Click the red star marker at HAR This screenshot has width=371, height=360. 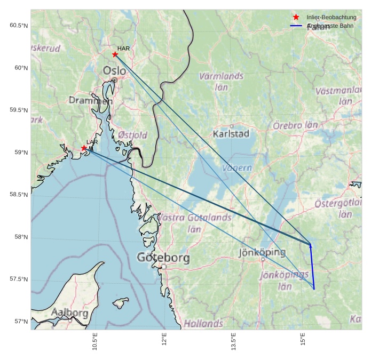pyautogui.click(x=115, y=54)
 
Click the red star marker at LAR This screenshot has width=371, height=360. pyautogui.click(x=84, y=148)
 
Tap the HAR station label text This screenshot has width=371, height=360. pyautogui.click(x=123, y=49)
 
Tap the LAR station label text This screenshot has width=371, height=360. pyautogui.click(x=92, y=142)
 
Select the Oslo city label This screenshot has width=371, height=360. pyautogui.click(x=115, y=70)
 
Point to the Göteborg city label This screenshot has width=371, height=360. pyautogui.click(x=163, y=258)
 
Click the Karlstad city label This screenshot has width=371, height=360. pyautogui.click(x=231, y=134)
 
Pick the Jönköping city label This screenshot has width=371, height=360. pyautogui.click(x=262, y=252)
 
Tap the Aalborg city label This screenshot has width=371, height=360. pyautogui.click(x=69, y=313)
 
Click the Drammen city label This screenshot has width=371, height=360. pyautogui.click(x=91, y=100)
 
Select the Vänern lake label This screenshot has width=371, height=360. pyautogui.click(x=237, y=168)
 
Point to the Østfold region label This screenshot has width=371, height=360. pyautogui.click(x=132, y=135)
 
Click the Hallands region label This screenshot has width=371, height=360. pyautogui.click(x=203, y=323)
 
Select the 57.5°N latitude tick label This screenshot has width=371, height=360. pyautogui.click(x=19, y=279)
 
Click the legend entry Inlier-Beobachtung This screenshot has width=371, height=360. pyautogui.click(x=331, y=18)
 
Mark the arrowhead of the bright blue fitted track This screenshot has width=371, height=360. pyautogui.click(x=310, y=244)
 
